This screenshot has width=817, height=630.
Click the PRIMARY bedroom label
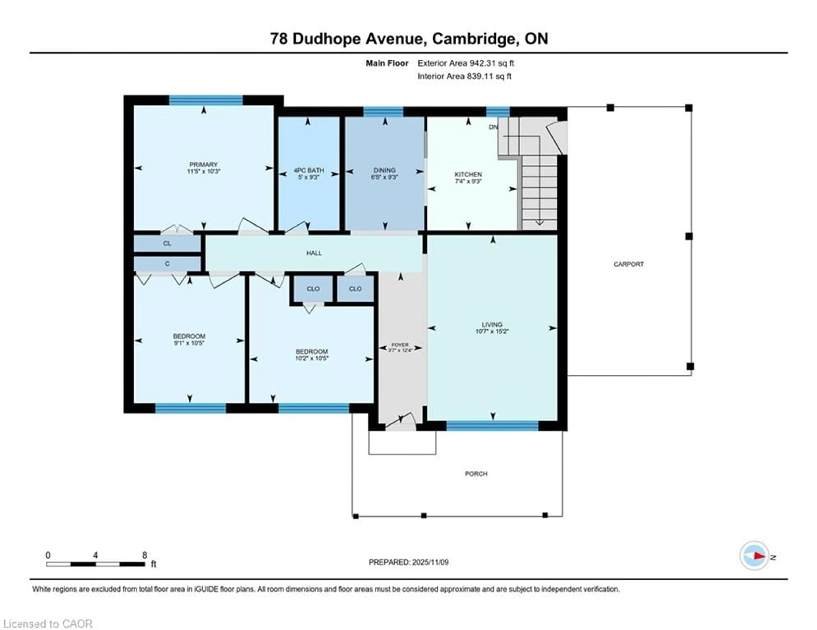pyautogui.click(x=203, y=165)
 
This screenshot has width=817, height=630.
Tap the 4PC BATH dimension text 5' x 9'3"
pyautogui.click(x=309, y=177)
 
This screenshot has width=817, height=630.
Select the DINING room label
pyautogui.click(x=384, y=170)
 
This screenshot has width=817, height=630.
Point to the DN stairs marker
pyautogui.click(x=493, y=127)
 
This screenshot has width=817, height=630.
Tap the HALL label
pyautogui.click(x=314, y=253)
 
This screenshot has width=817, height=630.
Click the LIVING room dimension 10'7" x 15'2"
pyautogui.click(x=492, y=331)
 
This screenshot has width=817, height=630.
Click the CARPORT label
pyautogui.click(x=628, y=264)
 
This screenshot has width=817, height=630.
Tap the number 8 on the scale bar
pyautogui.click(x=144, y=555)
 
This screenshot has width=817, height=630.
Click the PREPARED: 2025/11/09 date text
pyautogui.click(x=408, y=562)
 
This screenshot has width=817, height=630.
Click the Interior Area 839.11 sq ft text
pyautogui.click(x=464, y=76)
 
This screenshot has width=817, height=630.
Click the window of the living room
pyautogui.click(x=492, y=426)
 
